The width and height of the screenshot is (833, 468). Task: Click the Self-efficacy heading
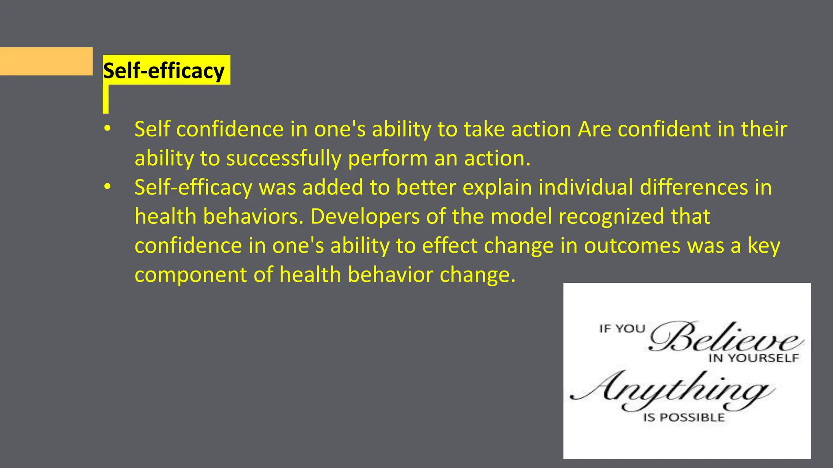(164, 71)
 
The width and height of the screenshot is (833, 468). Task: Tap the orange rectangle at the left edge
(46, 61)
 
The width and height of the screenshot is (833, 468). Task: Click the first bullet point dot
(107, 129)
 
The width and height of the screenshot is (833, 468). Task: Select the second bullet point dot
(107, 187)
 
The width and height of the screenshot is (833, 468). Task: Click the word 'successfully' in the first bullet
(283, 158)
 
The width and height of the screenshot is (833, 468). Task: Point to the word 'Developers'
(365, 217)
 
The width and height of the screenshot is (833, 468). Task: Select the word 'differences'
(693, 187)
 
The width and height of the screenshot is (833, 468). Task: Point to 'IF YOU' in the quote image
(622, 329)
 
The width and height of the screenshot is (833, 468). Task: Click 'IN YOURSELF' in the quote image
(754, 358)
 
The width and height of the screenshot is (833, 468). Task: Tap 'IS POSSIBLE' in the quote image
(684, 417)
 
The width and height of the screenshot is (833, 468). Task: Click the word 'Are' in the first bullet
(595, 129)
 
